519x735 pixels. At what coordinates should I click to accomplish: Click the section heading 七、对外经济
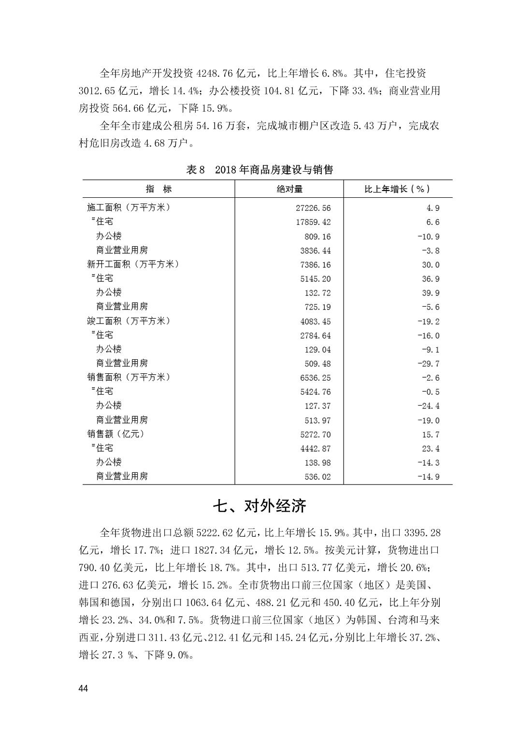[259, 506]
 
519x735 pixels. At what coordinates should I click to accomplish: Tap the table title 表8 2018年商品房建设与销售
[259, 170]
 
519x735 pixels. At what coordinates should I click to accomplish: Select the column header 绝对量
[289, 189]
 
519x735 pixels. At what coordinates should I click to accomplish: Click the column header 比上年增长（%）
[397, 189]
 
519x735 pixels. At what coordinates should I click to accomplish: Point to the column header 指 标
[159, 189]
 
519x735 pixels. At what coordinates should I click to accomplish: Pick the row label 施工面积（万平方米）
[129, 207]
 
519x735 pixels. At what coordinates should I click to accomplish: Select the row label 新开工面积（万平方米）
[133, 264]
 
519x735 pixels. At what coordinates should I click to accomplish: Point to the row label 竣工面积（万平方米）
[129, 321]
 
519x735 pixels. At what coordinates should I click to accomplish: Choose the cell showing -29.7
[429, 364]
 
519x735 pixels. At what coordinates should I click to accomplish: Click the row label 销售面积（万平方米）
[129, 377]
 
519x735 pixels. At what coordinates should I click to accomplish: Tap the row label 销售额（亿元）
[116, 434]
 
